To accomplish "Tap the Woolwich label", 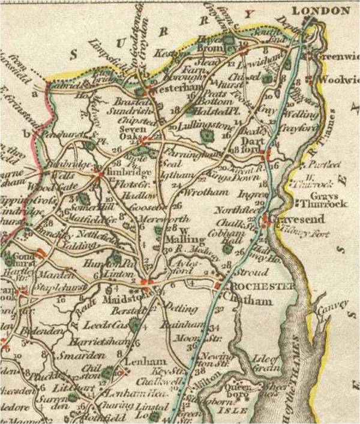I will tap(336, 79).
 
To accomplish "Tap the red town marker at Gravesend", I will tap(265, 222).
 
